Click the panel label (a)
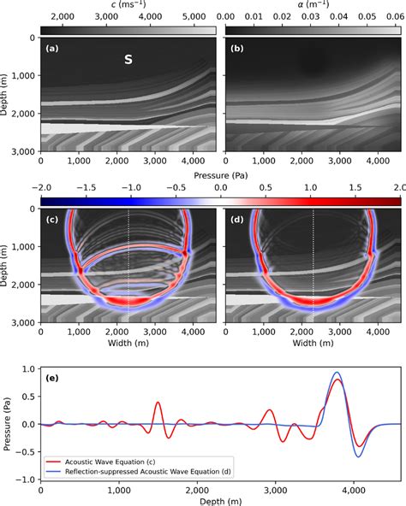tap(52, 49)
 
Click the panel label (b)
tap(236, 49)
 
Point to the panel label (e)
tap(52, 377)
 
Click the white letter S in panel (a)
tap(128, 61)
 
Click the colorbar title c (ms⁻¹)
tap(128, 5)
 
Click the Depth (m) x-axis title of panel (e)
tap(220, 500)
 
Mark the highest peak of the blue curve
tap(337, 373)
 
